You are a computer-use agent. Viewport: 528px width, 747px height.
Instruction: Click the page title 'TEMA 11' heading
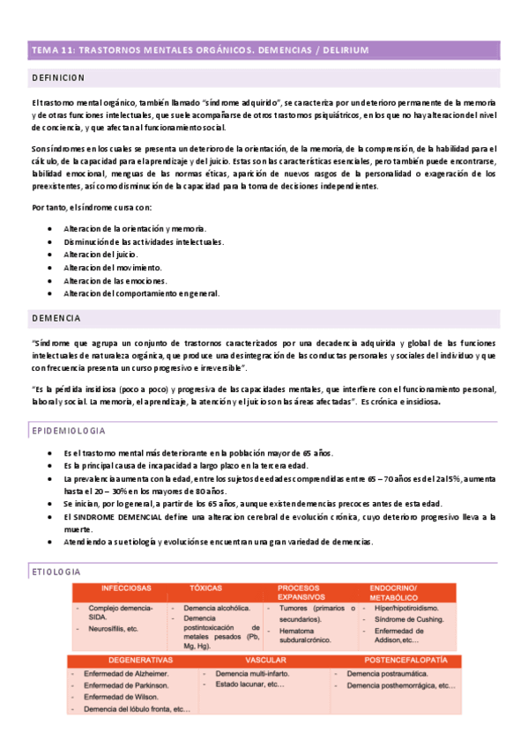pyautogui.click(x=199, y=49)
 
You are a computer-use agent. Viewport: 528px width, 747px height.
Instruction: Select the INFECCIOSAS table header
pyautogui.click(x=126, y=588)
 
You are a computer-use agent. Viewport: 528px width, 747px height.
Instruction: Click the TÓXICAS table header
pyautogui.click(x=205, y=588)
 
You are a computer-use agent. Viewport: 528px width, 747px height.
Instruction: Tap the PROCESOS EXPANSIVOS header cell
pyautogui.click(x=302, y=592)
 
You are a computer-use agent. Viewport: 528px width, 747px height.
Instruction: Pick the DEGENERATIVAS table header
pyautogui.click(x=139, y=660)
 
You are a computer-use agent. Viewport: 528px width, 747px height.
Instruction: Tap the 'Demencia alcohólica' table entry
pyautogui.click(x=216, y=608)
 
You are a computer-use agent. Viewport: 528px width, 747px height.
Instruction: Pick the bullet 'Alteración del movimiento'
pyautogui.click(x=113, y=267)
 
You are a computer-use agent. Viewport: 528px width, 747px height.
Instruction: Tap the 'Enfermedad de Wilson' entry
pyautogui.click(x=121, y=697)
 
